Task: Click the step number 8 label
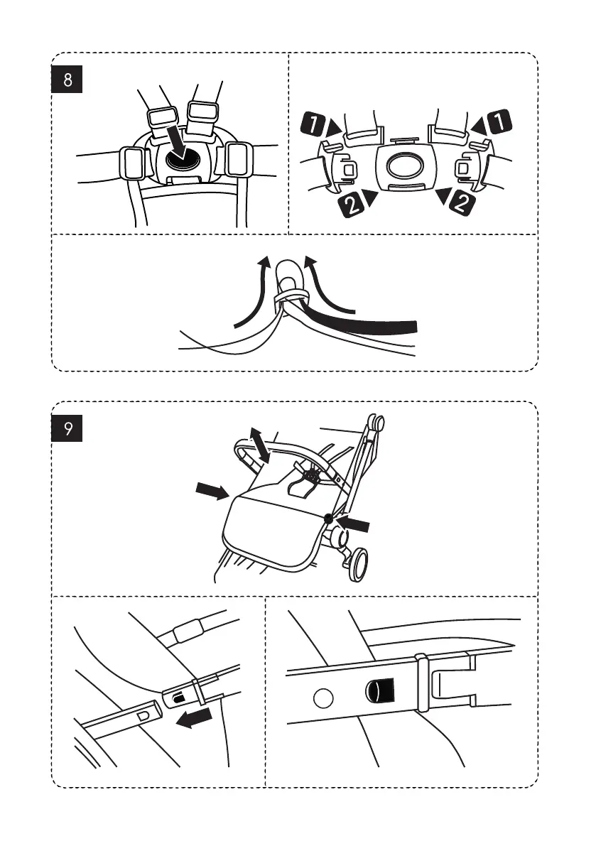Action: click(x=67, y=80)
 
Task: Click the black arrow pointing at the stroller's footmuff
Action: click(x=211, y=490)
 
